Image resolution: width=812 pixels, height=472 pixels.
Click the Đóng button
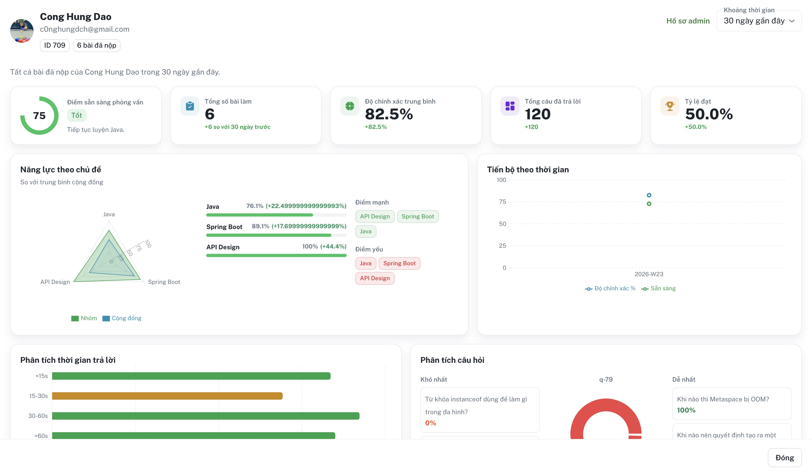pos(784,457)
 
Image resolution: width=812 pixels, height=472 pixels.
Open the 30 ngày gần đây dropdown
pos(759,21)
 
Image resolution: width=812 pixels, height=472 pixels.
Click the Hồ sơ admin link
pos(688,21)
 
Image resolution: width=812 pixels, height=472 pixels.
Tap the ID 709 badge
pos(55,45)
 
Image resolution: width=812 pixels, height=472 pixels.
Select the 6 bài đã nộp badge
pos(97,45)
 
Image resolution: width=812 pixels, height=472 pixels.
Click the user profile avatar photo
pos(22,31)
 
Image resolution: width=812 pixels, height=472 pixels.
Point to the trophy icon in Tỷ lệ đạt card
pos(670,106)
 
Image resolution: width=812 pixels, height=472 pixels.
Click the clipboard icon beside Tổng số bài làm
pos(190,106)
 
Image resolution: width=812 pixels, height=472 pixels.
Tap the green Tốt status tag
pos(77,115)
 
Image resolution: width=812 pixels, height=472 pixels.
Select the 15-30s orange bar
pos(167,396)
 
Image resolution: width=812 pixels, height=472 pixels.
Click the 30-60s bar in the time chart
pos(206,416)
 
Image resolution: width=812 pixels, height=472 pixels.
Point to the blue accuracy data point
pos(649,195)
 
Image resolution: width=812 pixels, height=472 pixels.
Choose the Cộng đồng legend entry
pos(122,318)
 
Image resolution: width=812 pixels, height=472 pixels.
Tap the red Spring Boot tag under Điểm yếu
pos(399,263)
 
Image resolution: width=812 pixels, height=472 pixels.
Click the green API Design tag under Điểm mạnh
pos(375,217)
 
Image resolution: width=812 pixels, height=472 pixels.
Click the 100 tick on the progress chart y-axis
pos(501,180)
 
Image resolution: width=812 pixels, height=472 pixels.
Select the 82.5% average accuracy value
pos(389,114)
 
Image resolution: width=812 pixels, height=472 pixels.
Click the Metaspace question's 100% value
pos(686,410)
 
